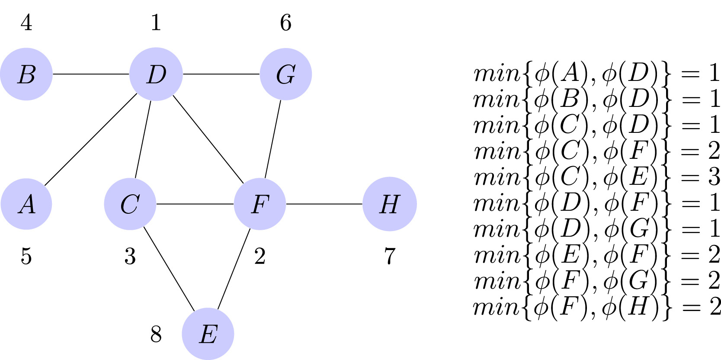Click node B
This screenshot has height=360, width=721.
tap(26, 74)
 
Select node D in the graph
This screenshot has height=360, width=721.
tap(156, 74)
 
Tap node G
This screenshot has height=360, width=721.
tap(285, 74)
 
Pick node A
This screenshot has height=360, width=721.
tap(26, 204)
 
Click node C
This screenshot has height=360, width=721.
tap(130, 204)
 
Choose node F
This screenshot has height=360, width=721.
tap(260, 204)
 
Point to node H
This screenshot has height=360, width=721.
tap(389, 204)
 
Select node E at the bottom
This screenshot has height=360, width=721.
tap(208, 334)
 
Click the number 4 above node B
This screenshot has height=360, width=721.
tap(26, 22)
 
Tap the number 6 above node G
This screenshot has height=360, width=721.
tap(285, 22)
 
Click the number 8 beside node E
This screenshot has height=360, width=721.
tap(156, 334)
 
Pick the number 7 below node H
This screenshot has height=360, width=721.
tap(390, 256)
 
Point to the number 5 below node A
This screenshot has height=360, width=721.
tap(26, 256)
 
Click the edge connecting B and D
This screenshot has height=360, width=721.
tap(91, 74)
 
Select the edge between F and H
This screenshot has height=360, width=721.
tap(324, 204)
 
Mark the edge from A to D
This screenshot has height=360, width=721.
tap(91, 139)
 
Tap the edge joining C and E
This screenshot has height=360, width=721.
tap(169, 268)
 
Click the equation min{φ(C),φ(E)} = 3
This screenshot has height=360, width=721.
tap(597, 177)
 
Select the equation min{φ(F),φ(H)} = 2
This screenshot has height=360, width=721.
tap(597, 307)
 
